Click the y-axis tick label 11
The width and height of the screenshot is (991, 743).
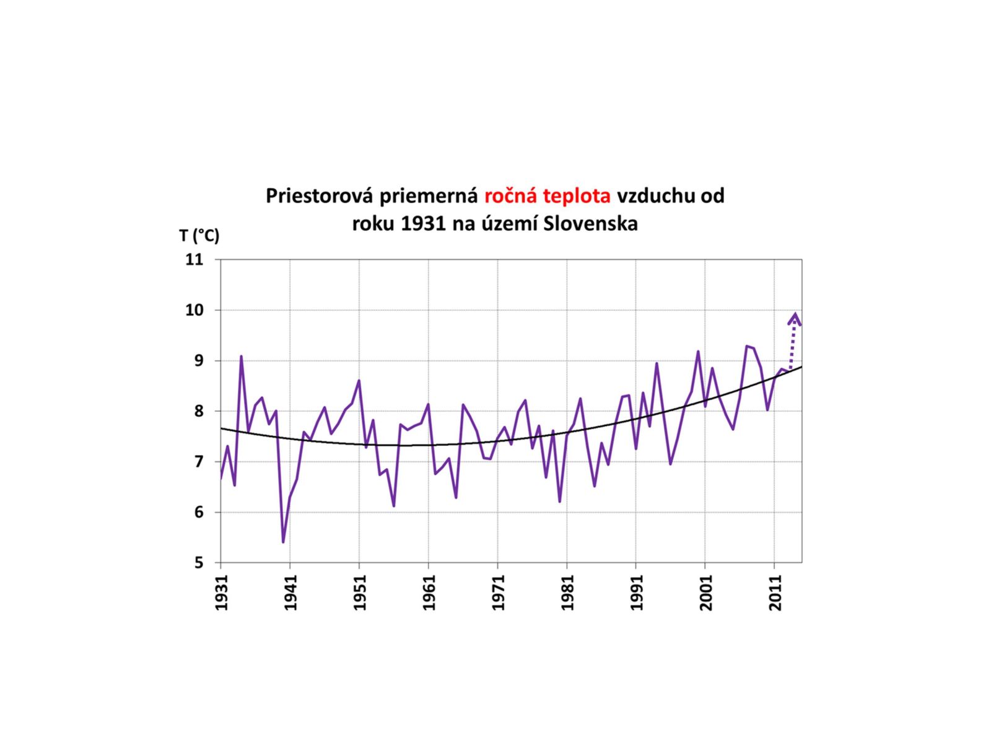pos(194,259)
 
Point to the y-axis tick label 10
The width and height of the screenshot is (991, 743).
pos(194,310)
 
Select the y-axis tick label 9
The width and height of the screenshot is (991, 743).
pos(199,361)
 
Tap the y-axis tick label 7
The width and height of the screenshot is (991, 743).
pos(199,462)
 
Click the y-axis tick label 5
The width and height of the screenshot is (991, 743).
pos(199,563)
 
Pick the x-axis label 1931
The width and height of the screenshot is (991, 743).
pos(222,593)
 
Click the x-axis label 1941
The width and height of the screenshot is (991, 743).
pos(290,593)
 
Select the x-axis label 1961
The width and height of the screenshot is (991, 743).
pos(429,593)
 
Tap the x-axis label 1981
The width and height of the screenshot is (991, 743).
pos(567,593)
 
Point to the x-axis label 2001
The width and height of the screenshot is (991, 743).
pos(705,593)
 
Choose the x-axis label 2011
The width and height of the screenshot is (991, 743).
pos(775,593)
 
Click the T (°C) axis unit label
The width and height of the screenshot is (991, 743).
pos(199,236)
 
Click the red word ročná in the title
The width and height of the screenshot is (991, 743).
pos(511,196)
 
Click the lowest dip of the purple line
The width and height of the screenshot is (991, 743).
pos(283,542)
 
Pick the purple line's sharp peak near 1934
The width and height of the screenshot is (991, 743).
pos(241,357)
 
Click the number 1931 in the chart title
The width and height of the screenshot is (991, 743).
pos(423,224)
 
